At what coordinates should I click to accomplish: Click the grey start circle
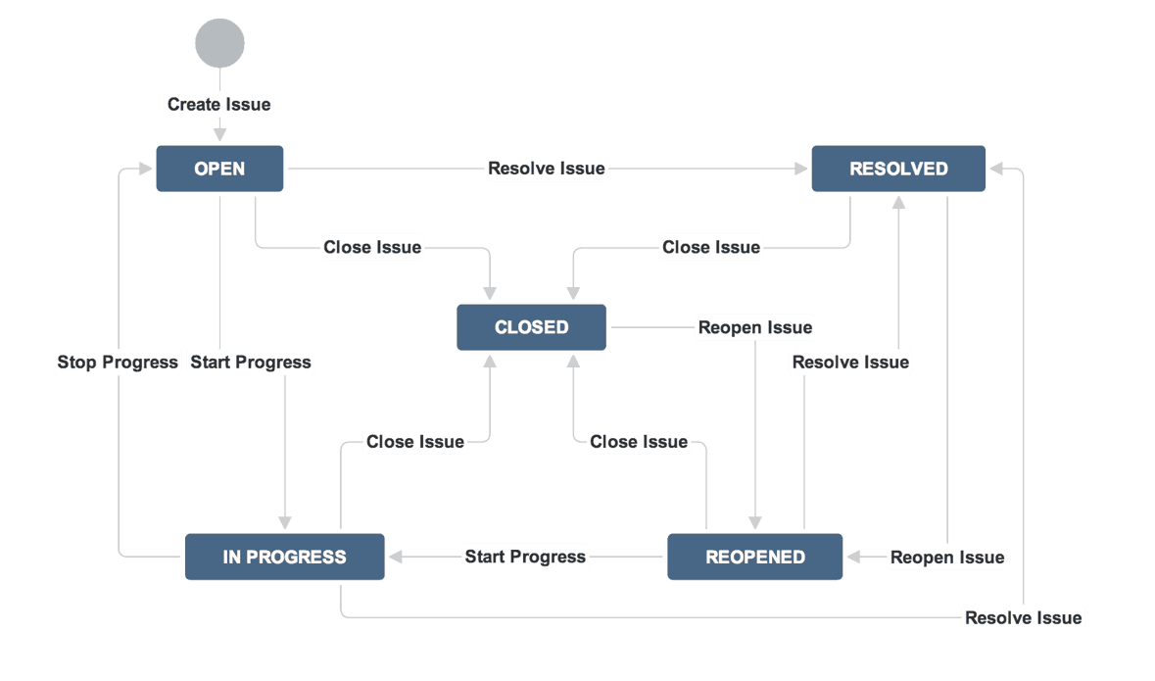219,43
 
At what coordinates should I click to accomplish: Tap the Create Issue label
218,104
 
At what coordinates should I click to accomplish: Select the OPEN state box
219,169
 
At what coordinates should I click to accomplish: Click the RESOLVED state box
898,169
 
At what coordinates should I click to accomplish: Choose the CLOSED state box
531,327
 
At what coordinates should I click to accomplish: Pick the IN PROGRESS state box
284,557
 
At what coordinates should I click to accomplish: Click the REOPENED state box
754,557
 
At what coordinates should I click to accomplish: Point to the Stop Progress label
118,363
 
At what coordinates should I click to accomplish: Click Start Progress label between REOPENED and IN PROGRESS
525,557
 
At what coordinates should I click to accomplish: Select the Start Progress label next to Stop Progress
251,363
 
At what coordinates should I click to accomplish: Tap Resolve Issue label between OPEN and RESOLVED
547,169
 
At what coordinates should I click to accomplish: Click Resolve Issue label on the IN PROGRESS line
1023,617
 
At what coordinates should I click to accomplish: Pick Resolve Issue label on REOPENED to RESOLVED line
850,363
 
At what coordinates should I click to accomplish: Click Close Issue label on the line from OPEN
372,247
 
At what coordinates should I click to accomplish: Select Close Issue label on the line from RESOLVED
711,247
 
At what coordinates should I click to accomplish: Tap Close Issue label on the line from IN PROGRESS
415,442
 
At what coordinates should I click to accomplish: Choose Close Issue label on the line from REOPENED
639,442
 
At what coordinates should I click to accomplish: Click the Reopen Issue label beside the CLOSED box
755,327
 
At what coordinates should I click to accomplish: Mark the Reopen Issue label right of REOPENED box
947,557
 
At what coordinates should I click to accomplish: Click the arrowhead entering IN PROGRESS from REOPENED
395,557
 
